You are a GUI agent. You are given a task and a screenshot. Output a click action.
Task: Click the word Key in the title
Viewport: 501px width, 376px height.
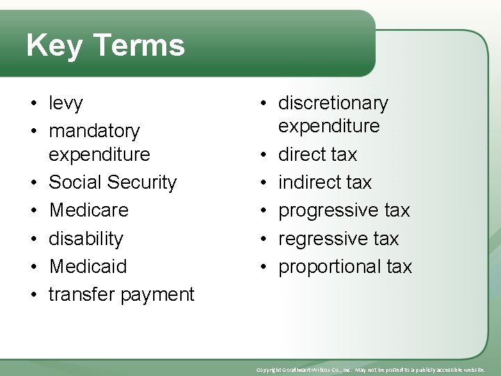[54, 46]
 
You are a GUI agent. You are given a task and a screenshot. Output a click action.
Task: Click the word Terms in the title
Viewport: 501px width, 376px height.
[138, 46]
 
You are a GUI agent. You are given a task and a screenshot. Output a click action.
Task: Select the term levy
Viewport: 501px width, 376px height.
[65, 104]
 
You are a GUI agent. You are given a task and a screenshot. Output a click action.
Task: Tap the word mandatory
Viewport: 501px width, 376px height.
[94, 131]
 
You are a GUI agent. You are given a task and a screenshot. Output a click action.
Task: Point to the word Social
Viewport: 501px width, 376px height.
[76, 182]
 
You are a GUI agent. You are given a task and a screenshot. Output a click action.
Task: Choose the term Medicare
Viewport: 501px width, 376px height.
[88, 210]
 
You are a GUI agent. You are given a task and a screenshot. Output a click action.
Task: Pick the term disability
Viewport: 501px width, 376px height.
[86, 239]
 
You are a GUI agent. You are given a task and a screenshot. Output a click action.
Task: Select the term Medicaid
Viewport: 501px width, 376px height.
[88, 266]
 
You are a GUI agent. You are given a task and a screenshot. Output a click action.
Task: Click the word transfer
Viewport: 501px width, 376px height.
[81, 294]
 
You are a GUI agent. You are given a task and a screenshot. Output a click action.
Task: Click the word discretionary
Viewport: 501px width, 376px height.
[333, 104]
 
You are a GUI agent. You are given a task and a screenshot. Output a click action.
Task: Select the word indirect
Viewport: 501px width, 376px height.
[311, 182]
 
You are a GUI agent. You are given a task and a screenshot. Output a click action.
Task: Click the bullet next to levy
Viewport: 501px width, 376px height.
[34, 104]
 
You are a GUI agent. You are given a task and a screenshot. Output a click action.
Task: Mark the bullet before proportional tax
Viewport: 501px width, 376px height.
[264, 267]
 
